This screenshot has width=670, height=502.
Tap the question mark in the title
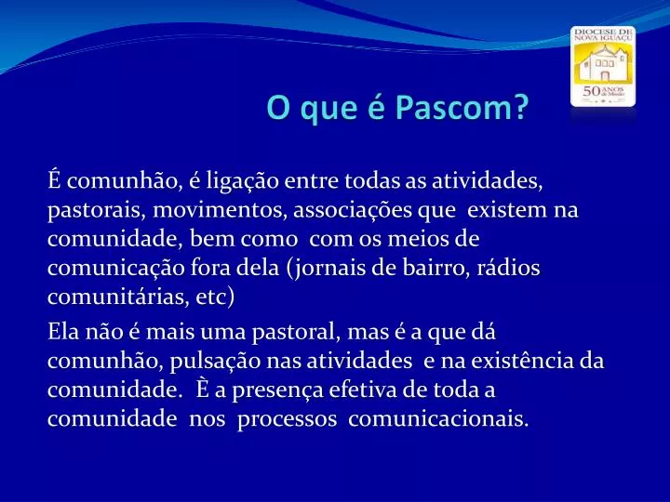coord(520,107)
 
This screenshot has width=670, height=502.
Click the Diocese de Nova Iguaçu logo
coord(603,66)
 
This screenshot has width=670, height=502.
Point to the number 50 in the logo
coord(592,91)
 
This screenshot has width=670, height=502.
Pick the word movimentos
coord(220,210)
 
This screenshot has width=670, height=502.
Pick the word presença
coord(277,391)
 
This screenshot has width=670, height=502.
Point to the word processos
coord(288,419)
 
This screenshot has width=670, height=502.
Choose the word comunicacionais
coord(438,418)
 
